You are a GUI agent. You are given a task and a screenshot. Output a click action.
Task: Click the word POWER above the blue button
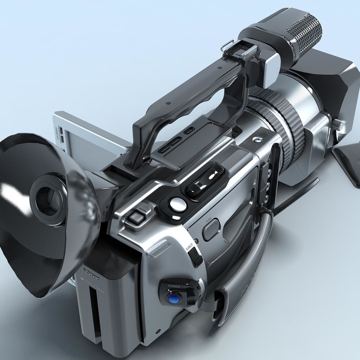[x=174, y=286]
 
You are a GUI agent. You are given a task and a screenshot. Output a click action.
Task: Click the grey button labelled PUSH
[x=210, y=230]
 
